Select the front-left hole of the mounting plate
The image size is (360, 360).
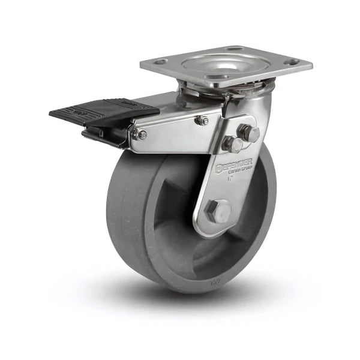click(x=160, y=62)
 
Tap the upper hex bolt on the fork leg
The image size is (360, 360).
click(x=248, y=133)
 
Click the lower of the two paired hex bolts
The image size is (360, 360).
click(x=232, y=144)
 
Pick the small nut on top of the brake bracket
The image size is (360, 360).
click(x=203, y=121)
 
